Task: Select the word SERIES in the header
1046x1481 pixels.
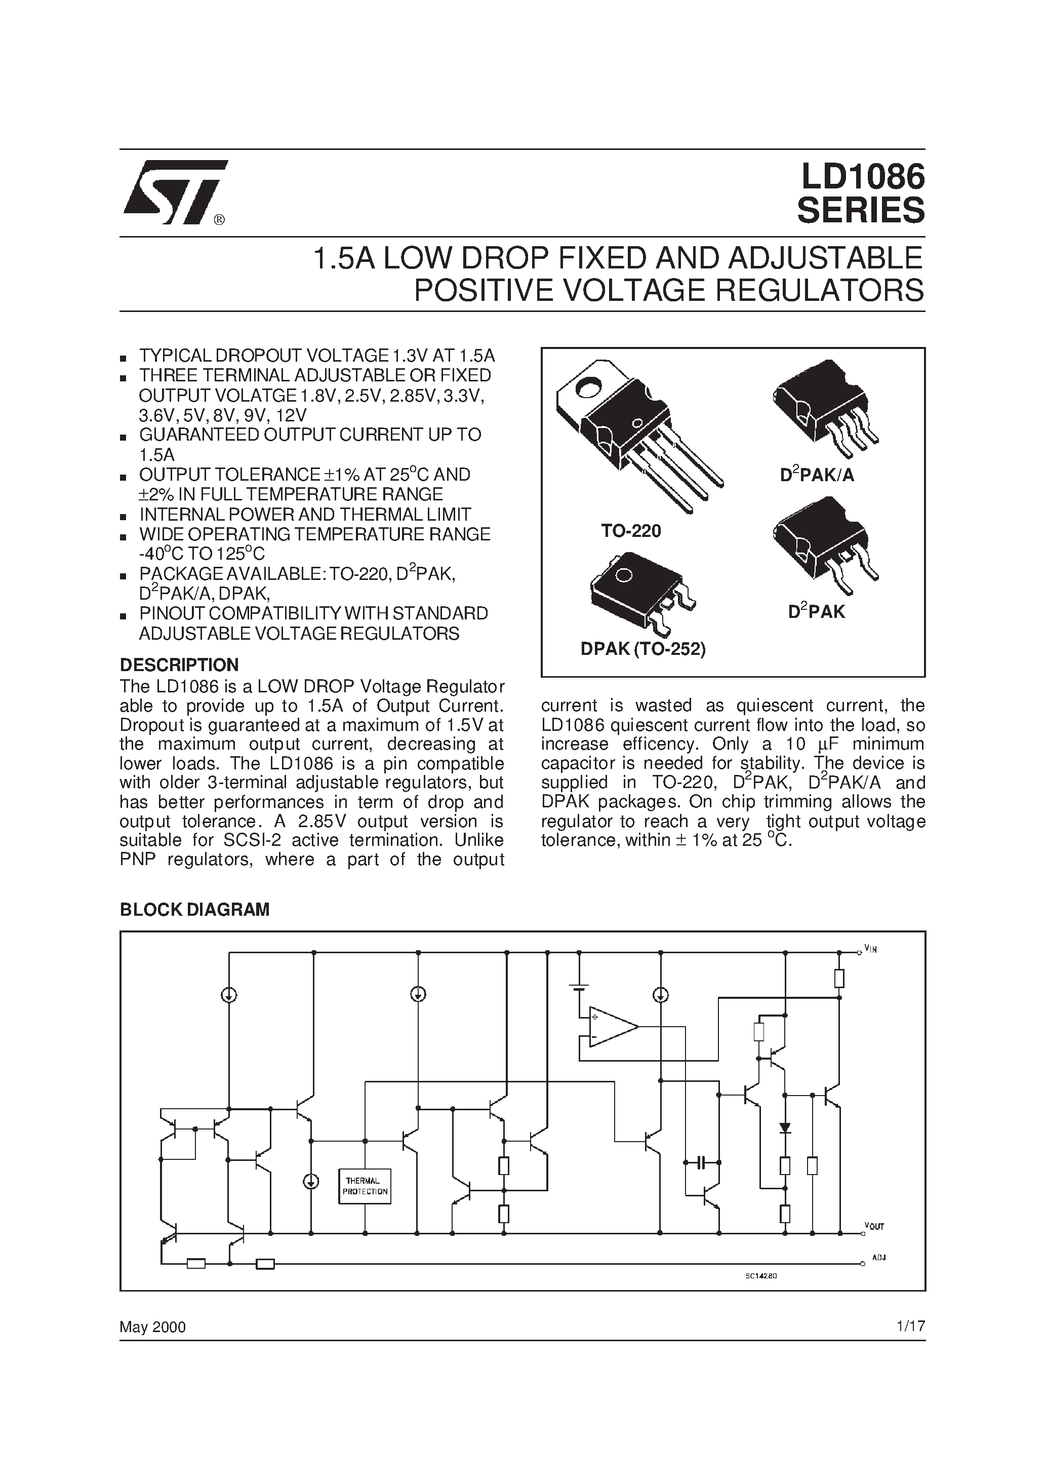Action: [860, 210]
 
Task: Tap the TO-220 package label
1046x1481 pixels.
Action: [631, 531]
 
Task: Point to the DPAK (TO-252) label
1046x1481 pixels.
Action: [643, 649]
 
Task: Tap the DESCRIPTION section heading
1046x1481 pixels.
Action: [179, 665]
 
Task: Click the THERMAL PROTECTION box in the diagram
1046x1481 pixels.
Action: [365, 1186]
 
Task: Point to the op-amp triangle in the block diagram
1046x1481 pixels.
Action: [613, 1025]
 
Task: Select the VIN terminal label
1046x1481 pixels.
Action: [871, 950]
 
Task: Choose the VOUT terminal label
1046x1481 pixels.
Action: [874, 1226]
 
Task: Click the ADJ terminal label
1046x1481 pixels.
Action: [878, 1258]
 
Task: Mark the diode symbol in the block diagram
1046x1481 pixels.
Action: [785, 1127]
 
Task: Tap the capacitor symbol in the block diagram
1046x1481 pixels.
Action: [702, 1162]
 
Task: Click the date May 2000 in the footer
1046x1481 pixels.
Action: [152, 1327]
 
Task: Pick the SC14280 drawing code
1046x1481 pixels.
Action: [761, 1275]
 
